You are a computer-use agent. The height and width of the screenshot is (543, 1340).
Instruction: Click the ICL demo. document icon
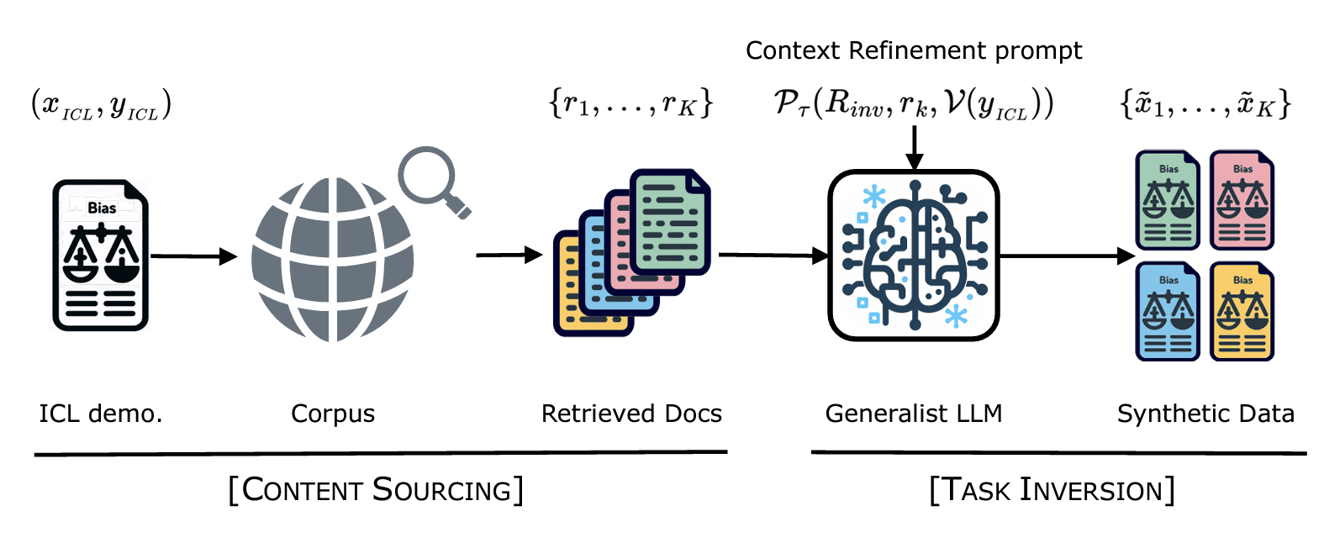pos(101,255)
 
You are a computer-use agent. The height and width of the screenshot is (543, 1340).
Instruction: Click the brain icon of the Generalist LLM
pos(914,256)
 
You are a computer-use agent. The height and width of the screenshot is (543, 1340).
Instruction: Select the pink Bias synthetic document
pos(1242,200)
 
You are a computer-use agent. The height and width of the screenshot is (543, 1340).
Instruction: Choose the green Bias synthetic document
pos(1168,200)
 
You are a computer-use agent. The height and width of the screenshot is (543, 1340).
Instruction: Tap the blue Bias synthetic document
pos(1168,312)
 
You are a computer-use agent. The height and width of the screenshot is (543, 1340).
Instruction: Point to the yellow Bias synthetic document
pos(1242,312)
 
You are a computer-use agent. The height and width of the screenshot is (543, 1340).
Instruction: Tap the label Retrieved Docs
pos(631,414)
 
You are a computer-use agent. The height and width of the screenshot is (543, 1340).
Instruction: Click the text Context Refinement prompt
pos(914,50)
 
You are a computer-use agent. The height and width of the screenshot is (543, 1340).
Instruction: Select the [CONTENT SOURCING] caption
pos(376,489)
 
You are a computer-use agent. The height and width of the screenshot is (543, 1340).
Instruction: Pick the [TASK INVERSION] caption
pos(1052,489)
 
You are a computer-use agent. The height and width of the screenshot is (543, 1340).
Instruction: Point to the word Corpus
pos(333,414)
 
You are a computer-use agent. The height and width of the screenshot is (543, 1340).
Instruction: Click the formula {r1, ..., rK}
pos(630,103)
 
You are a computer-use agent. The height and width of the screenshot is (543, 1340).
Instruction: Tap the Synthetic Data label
pos(1205,414)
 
